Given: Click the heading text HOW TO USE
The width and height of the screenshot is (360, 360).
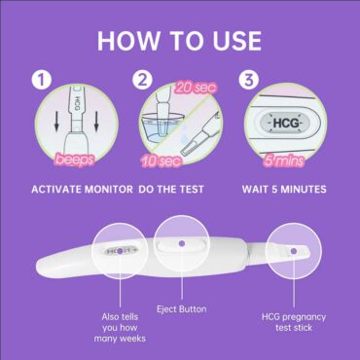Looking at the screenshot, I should point(179,41).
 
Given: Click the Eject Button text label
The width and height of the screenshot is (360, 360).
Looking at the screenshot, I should point(179,308).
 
